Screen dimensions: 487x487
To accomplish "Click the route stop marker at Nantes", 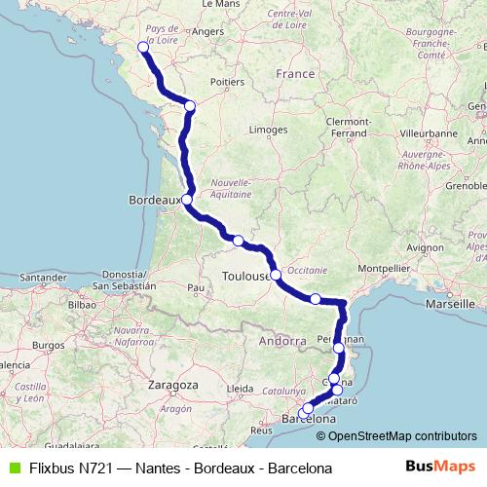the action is (x=143, y=47).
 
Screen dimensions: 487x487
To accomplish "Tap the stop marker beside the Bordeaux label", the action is (x=186, y=200).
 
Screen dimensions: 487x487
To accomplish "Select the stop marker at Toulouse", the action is (x=276, y=274).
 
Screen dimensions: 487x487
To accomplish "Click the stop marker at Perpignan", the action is (x=338, y=348).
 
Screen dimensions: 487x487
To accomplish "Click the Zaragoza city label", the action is (x=173, y=385).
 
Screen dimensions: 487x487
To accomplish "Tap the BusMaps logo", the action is (x=440, y=467).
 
